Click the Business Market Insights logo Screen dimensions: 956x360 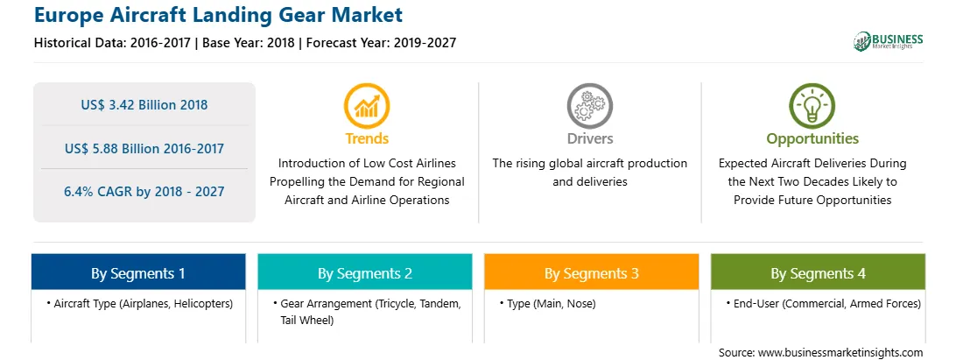(888, 41)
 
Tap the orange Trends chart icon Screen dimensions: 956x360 (367, 106)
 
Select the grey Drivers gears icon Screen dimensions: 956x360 (589, 106)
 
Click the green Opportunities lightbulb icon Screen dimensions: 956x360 (812, 106)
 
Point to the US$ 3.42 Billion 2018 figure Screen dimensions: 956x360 (144, 105)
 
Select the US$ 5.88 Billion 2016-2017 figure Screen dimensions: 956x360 (144, 148)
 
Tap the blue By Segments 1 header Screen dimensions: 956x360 (138, 272)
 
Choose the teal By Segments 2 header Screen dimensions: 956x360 (364, 272)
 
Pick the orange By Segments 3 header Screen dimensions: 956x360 (592, 272)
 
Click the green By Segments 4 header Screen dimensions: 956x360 (819, 272)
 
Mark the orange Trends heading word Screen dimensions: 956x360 (367, 138)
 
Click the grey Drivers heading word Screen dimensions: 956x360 (589, 138)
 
